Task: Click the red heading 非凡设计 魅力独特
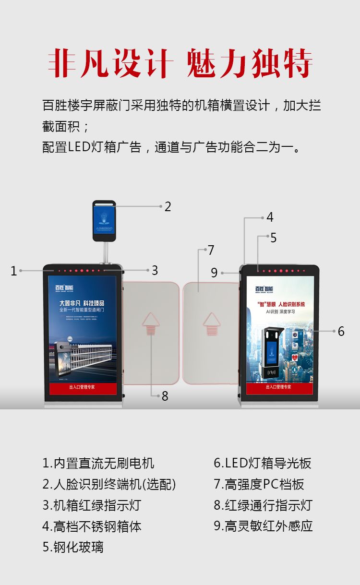(x=180, y=63)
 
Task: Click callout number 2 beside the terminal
(x=168, y=207)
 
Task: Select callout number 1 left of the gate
(x=14, y=271)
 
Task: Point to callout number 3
(x=155, y=271)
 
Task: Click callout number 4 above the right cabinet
(x=270, y=217)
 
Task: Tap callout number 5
(x=273, y=238)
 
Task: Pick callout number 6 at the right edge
(x=341, y=331)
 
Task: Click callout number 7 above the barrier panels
(x=211, y=250)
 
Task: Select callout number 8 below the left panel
(x=165, y=396)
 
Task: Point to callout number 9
(x=214, y=273)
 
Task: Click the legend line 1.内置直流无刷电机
(x=98, y=463)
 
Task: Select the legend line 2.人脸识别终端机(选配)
(x=109, y=484)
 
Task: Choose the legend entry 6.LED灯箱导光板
(x=263, y=463)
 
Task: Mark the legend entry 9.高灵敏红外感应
(x=263, y=526)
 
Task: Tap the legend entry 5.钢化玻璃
(x=73, y=547)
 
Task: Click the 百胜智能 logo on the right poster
(x=264, y=289)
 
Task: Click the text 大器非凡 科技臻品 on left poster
(x=82, y=303)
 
